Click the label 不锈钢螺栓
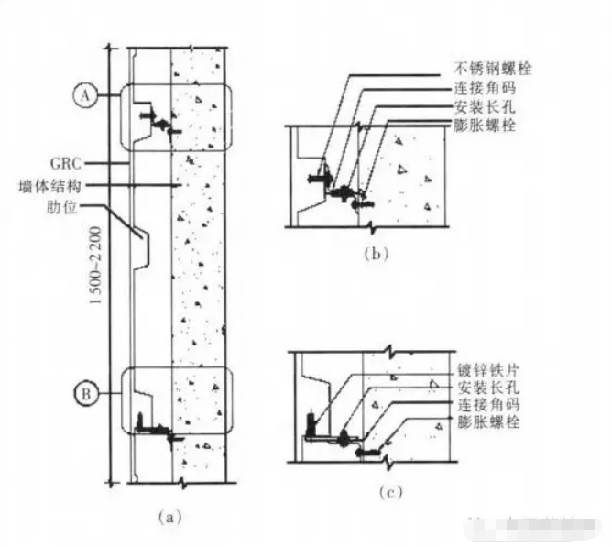tap(493, 69)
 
